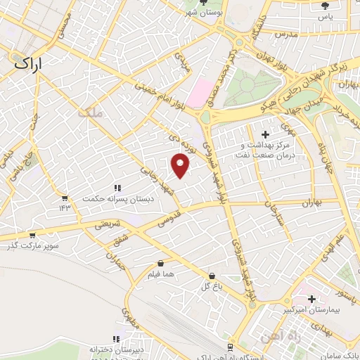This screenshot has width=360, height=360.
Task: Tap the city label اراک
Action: [29, 63]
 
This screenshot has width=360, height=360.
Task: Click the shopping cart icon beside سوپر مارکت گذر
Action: [32, 236]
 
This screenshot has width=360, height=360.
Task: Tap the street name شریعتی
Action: [111, 224]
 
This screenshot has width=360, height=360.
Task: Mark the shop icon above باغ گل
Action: [212, 276]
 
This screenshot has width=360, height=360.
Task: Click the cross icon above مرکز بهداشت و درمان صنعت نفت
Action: [265, 134]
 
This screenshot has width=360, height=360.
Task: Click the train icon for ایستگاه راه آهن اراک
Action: [231, 347]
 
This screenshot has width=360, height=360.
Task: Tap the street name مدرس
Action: [288, 33]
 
